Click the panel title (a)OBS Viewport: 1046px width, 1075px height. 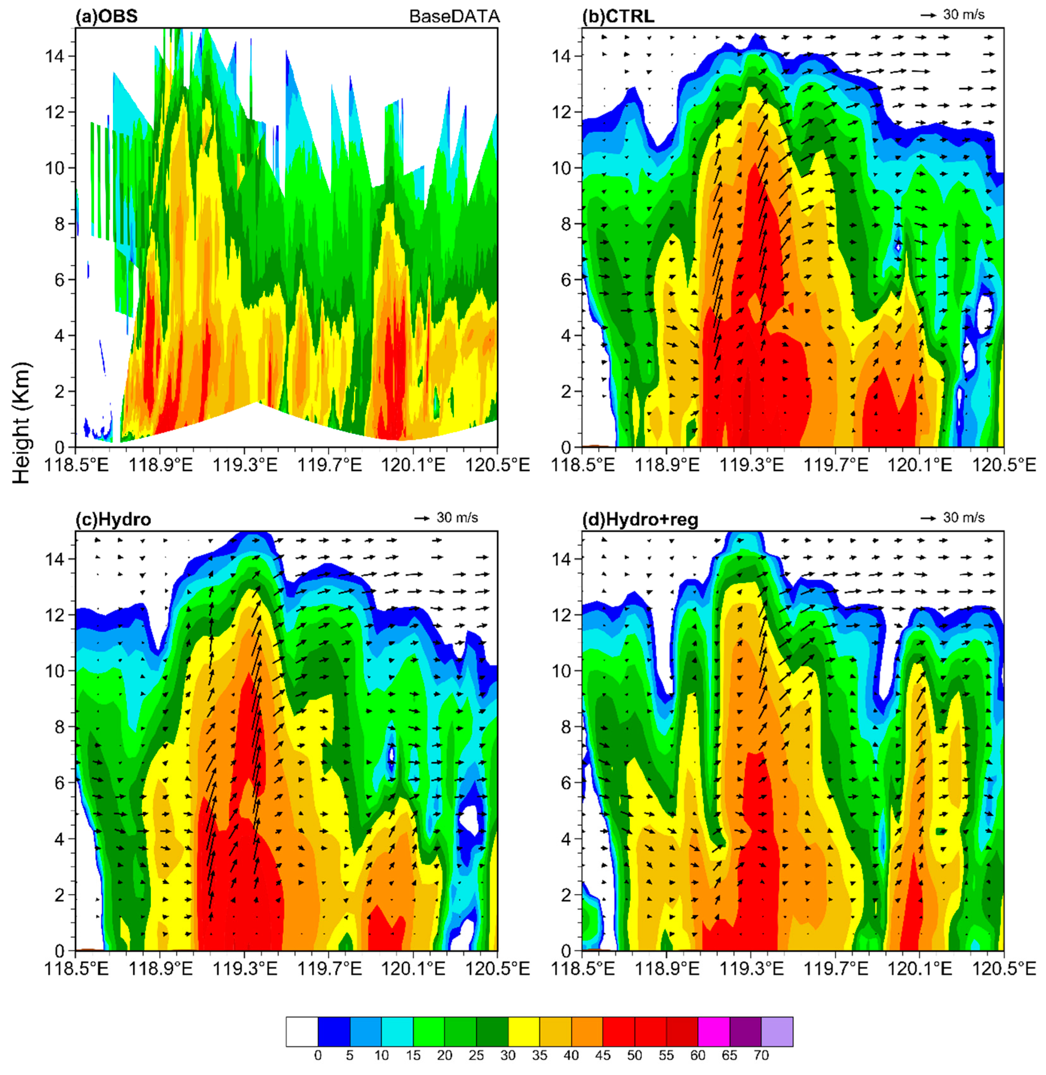tap(106, 16)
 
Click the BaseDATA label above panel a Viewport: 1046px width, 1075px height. tap(454, 16)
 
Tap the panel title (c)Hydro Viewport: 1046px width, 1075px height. tap(113, 520)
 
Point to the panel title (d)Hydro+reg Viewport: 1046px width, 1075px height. tap(640, 520)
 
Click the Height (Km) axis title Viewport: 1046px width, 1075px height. tap(21, 423)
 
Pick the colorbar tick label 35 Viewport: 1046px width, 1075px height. tap(540, 1055)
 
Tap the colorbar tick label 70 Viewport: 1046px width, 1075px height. tap(761, 1055)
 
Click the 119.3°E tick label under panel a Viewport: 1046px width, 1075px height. tap(245, 465)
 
